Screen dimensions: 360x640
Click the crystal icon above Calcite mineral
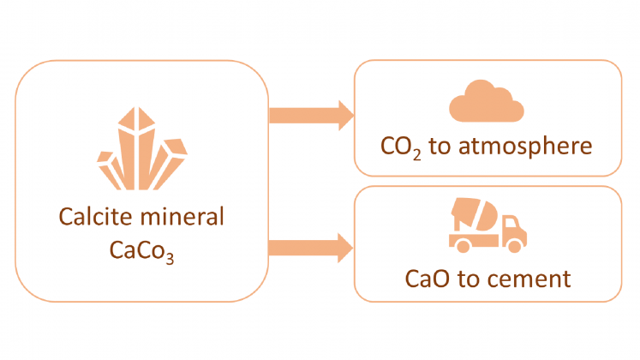click(141, 151)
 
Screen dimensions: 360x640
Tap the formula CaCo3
click(141, 251)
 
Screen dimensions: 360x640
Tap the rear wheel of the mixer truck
click(463, 246)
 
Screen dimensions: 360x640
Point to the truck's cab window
click(513, 225)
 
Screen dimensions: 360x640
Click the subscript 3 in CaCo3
click(170, 258)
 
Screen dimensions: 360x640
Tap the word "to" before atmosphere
click(441, 147)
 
